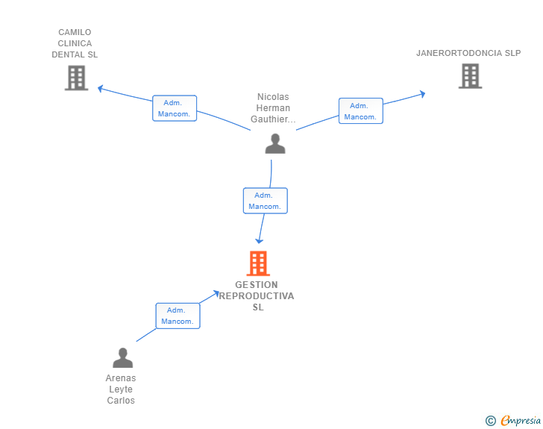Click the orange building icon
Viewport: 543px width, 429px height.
click(258, 263)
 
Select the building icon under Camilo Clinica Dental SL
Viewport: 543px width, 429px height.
click(77, 78)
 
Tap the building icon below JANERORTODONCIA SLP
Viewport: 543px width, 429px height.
click(470, 76)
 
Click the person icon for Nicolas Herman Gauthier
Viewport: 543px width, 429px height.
click(275, 143)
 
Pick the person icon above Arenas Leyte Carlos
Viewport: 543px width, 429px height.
click(122, 357)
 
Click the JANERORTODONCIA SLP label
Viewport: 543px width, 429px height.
click(468, 53)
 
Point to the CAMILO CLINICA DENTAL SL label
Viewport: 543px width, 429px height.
click(75, 43)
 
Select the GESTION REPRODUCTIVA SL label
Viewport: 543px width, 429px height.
click(257, 296)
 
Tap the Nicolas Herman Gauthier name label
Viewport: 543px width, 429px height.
click(273, 107)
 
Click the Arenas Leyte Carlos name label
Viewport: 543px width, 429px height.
click(121, 389)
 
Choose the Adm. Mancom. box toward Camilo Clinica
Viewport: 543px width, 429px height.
click(175, 108)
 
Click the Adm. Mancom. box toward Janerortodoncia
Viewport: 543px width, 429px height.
click(361, 111)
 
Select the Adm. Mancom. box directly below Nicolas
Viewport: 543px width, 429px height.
click(266, 201)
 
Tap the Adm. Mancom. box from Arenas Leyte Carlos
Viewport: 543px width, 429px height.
click(178, 316)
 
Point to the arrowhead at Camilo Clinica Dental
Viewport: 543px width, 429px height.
click(101, 88)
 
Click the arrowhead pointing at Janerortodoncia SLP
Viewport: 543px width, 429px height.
click(422, 94)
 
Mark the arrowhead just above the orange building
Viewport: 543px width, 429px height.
click(259, 241)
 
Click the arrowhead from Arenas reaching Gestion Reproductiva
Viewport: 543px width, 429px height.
click(216, 293)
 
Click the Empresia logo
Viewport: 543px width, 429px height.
click(521, 420)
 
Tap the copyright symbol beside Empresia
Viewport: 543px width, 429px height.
click(491, 421)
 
